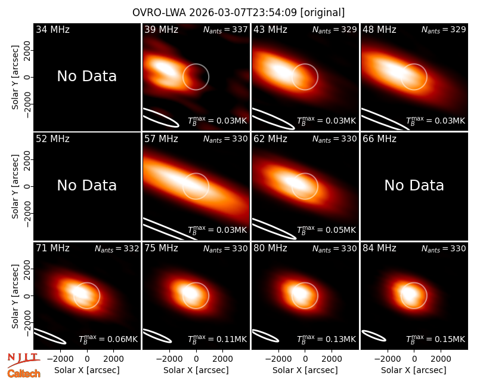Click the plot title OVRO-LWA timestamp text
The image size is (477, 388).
tap(238, 13)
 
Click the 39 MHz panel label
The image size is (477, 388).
tap(161, 29)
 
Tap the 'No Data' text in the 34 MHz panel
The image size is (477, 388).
tap(86, 76)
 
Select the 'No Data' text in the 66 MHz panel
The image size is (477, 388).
tap(414, 185)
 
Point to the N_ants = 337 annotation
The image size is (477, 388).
tap(225, 29)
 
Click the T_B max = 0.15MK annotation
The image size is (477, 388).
tap(436, 339)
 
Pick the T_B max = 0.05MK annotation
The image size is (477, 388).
tap(326, 230)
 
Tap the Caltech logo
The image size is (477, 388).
tap(24, 374)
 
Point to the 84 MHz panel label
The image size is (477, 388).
tap(379, 248)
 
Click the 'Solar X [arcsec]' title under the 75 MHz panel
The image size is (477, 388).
tap(196, 370)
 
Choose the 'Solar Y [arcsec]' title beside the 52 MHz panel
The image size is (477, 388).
tap(15, 186)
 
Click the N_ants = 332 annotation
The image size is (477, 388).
tap(117, 248)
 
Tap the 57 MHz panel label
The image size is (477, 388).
tap(161, 139)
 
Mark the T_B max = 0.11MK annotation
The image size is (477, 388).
tap(217, 339)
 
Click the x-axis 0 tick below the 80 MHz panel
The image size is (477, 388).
tap(305, 359)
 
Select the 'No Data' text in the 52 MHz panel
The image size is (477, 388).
tap(86, 185)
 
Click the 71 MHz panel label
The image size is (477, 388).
tap(52, 248)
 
